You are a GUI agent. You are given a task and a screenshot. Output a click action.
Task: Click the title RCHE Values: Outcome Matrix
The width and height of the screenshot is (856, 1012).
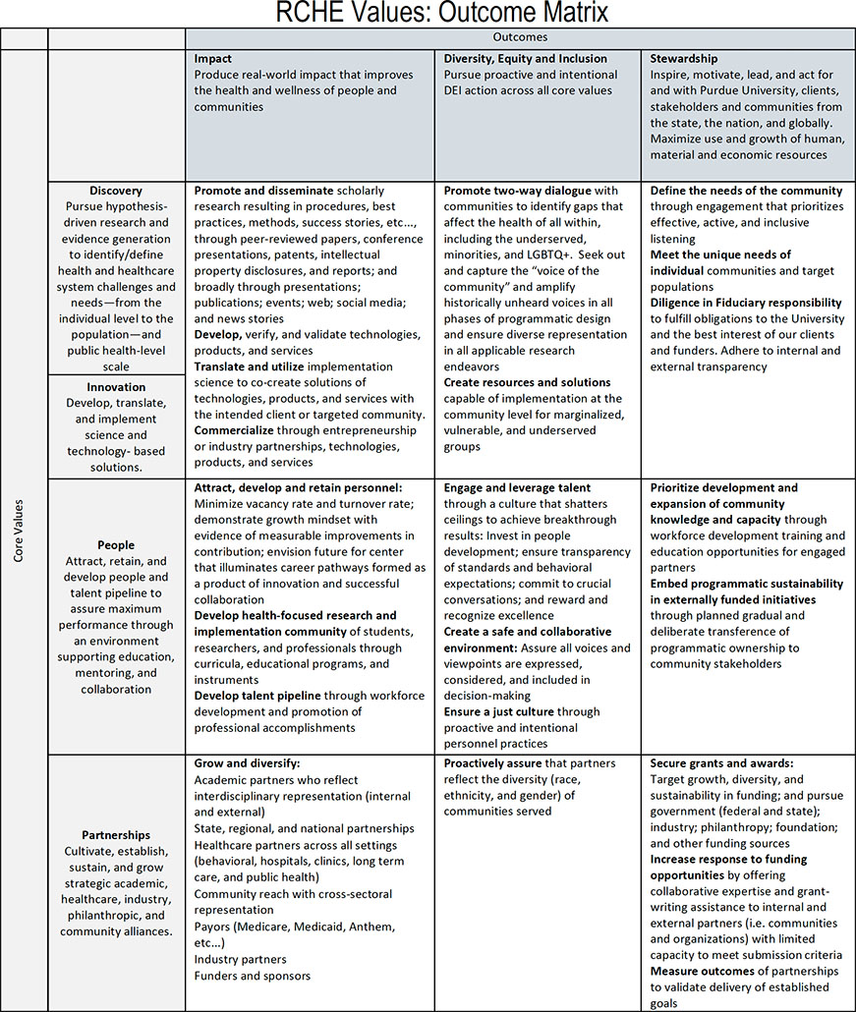[x=428, y=14]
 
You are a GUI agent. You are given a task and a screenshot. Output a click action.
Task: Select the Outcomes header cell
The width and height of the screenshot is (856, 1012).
[x=520, y=37]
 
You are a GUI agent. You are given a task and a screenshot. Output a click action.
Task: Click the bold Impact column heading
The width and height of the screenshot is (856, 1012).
[x=213, y=59]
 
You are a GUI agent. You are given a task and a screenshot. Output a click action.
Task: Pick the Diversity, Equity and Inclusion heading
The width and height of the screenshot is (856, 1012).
[x=526, y=59]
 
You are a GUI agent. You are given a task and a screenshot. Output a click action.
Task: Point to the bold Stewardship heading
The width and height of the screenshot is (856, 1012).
[x=684, y=59]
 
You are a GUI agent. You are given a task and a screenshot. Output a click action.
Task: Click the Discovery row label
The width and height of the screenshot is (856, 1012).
[x=115, y=191]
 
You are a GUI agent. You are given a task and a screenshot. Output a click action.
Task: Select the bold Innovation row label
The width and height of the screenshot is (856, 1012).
[x=115, y=387]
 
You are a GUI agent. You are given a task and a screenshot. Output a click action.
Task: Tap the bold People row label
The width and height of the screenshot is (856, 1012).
[x=115, y=544]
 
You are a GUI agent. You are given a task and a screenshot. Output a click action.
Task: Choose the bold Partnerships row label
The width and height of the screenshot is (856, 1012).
[x=115, y=834]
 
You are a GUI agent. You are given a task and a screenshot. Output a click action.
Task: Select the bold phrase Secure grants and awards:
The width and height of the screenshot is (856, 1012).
[x=721, y=762]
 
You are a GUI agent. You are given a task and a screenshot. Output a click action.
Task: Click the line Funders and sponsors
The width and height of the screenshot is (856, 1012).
[x=253, y=976]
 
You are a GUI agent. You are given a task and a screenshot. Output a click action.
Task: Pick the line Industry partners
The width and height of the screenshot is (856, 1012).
[x=240, y=959]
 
